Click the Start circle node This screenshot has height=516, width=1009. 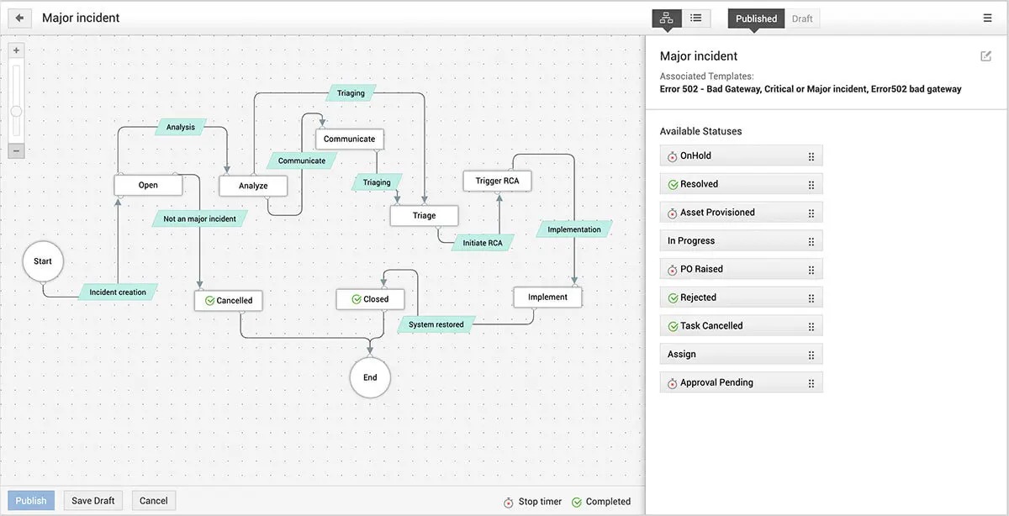43,261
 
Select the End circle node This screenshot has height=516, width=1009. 370,377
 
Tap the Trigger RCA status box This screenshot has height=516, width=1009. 497,181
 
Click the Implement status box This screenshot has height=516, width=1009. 547,297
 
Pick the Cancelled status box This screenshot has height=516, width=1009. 229,300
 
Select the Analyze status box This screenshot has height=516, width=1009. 253,186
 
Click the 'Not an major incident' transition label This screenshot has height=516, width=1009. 199,219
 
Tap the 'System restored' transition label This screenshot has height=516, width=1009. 436,324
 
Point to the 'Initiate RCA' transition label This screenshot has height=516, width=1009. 483,243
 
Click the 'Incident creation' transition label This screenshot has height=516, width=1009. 118,292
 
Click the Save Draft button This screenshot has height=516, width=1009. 92,501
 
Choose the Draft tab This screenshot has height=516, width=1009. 802,18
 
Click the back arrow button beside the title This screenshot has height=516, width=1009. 19,18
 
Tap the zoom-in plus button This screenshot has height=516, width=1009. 16,50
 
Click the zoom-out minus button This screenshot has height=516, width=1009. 16,150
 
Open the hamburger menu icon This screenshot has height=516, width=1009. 987,18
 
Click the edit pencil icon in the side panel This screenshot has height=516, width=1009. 985,55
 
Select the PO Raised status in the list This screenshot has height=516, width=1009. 741,269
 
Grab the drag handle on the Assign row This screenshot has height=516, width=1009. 811,355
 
